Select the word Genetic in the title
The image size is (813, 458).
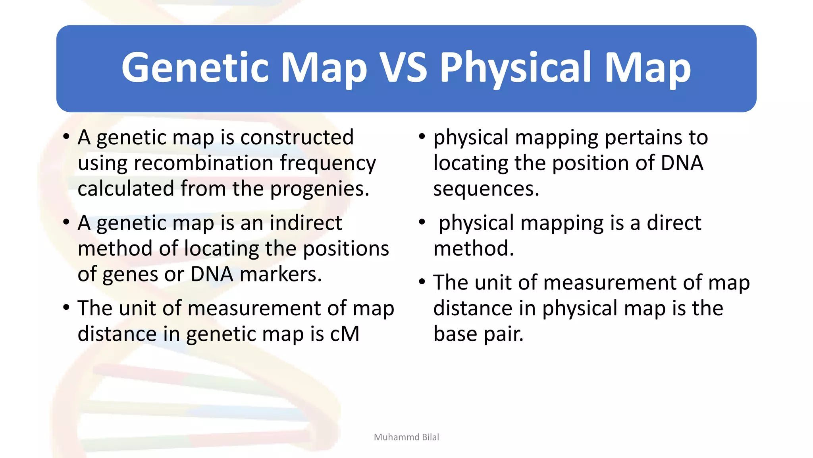[195, 68]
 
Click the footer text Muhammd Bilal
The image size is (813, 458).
[406, 437]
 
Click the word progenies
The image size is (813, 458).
[320, 189]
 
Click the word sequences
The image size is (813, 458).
[486, 189]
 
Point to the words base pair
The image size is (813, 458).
[478, 334]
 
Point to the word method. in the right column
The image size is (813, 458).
[473, 248]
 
